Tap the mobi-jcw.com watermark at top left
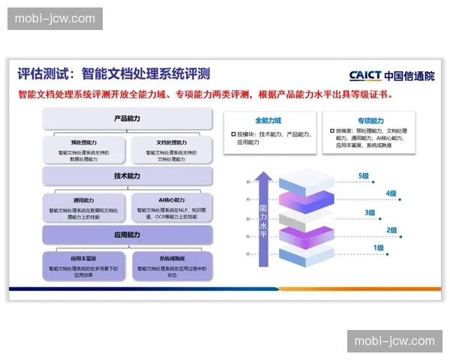57,18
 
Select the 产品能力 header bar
127,118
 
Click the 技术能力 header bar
127,176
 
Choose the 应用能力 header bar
127,235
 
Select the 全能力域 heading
267,120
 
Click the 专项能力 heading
370,120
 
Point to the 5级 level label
364,176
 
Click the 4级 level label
390,193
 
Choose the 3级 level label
370,212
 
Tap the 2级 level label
391,230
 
